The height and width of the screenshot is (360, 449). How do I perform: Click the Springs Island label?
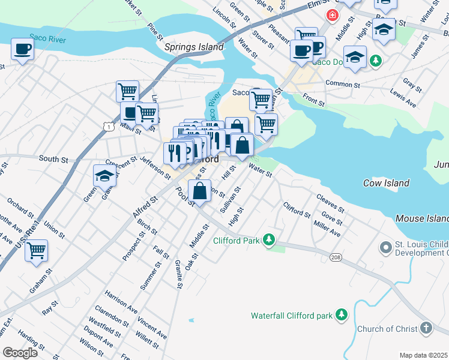pos(194,47)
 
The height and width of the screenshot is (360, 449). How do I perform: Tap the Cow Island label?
pos(387,183)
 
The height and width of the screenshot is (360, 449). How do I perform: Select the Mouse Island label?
pos(422,219)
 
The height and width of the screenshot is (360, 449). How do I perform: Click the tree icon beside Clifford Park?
pos(270,241)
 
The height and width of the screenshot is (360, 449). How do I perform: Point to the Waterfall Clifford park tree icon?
pos(342,314)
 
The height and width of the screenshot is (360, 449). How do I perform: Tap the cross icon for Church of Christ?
pos(426,328)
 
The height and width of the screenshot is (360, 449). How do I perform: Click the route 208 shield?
pos(335,257)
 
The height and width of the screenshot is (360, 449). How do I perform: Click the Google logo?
pos(20,353)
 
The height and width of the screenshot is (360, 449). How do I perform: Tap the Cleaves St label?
pos(330,203)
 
